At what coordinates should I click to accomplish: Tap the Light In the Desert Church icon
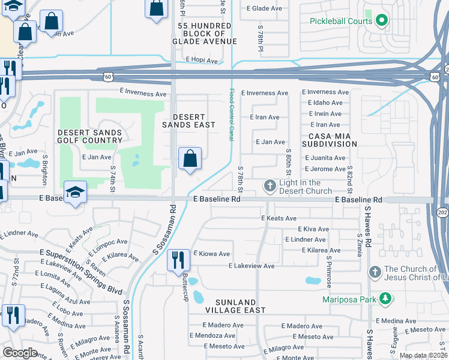(x=270, y=186)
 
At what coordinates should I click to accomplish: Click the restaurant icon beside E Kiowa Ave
(x=178, y=260)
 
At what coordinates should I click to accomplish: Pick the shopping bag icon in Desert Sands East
(x=190, y=159)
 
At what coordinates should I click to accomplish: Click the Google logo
(x=20, y=353)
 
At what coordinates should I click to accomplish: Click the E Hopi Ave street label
(x=200, y=59)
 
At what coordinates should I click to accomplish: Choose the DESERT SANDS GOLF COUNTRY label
(x=90, y=136)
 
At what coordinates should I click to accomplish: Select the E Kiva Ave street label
(x=313, y=229)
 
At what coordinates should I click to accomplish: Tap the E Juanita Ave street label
(x=325, y=158)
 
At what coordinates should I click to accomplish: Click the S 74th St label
(x=112, y=181)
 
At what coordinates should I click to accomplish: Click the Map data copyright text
(x=423, y=355)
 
